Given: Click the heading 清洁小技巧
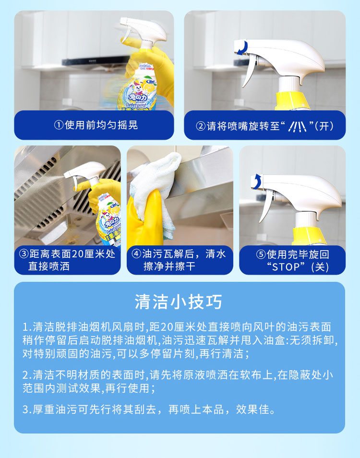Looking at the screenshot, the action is (179, 301).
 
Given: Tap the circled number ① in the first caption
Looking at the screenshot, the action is (59, 125).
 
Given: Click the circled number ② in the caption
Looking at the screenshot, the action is (201, 126).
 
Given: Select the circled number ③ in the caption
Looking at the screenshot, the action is (24, 253).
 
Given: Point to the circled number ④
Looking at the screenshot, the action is (136, 253).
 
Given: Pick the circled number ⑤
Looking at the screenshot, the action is (261, 254).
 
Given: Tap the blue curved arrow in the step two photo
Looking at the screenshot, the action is (242, 48).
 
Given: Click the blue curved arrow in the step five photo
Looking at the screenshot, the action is (257, 181).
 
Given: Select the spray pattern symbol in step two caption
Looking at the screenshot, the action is (297, 126).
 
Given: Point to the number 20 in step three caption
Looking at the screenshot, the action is (77, 254).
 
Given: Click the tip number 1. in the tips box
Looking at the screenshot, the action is (27, 327).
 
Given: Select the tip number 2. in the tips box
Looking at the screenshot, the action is (27, 375).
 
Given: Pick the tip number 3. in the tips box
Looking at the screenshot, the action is (27, 410).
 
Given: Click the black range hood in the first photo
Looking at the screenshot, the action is (96, 62).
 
